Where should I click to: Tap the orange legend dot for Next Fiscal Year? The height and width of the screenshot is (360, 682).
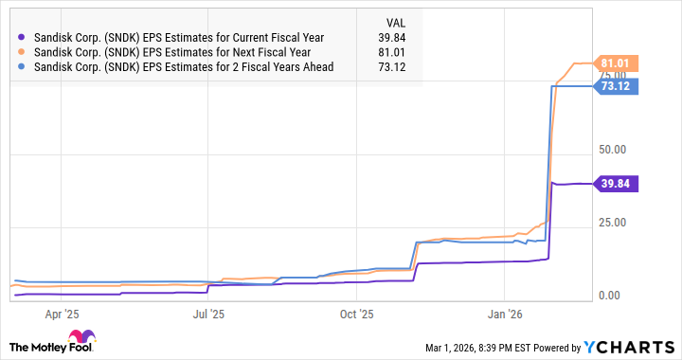tap(23, 51)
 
